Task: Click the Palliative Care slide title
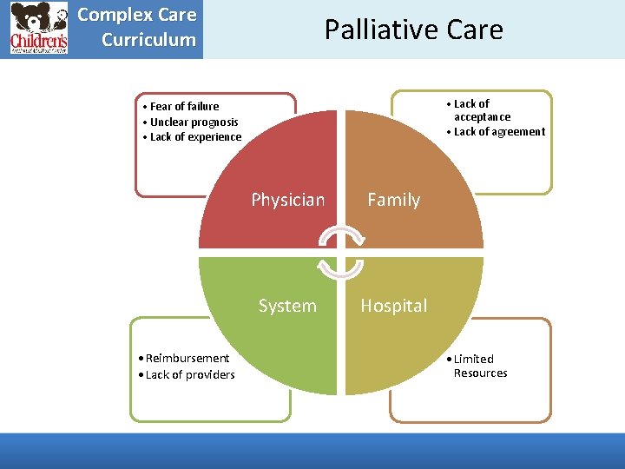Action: (413, 30)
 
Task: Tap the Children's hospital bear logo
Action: (39, 29)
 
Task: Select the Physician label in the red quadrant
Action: (287, 200)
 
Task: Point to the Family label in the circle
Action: (393, 200)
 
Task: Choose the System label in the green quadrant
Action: (287, 306)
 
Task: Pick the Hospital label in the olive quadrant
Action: (393, 306)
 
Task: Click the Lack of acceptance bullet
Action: (481, 110)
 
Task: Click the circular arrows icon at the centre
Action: (340, 253)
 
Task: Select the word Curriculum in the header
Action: (148, 40)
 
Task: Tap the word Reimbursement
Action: (188, 358)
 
